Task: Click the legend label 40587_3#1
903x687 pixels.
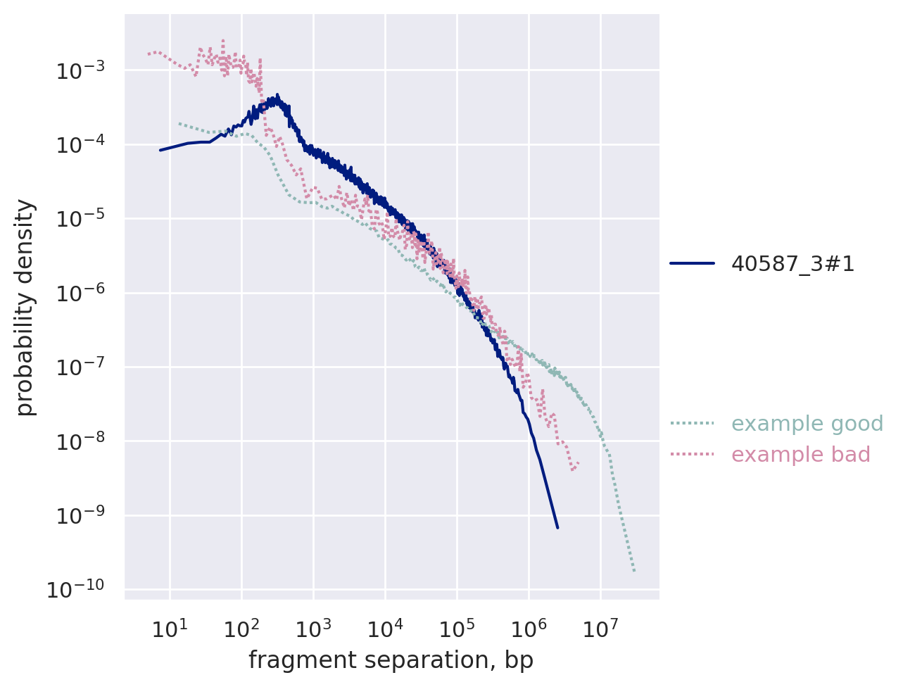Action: coord(793,264)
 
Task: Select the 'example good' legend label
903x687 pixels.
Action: coord(807,424)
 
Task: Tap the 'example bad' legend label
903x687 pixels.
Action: coord(800,455)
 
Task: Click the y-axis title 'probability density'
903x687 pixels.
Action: coord(25,307)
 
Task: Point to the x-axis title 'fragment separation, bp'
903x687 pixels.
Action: coord(391,660)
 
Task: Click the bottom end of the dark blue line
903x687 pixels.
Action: coord(557,527)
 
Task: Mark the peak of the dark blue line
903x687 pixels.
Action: coord(277,95)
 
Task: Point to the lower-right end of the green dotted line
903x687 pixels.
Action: coord(634,571)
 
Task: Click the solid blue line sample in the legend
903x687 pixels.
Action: coord(692,264)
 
